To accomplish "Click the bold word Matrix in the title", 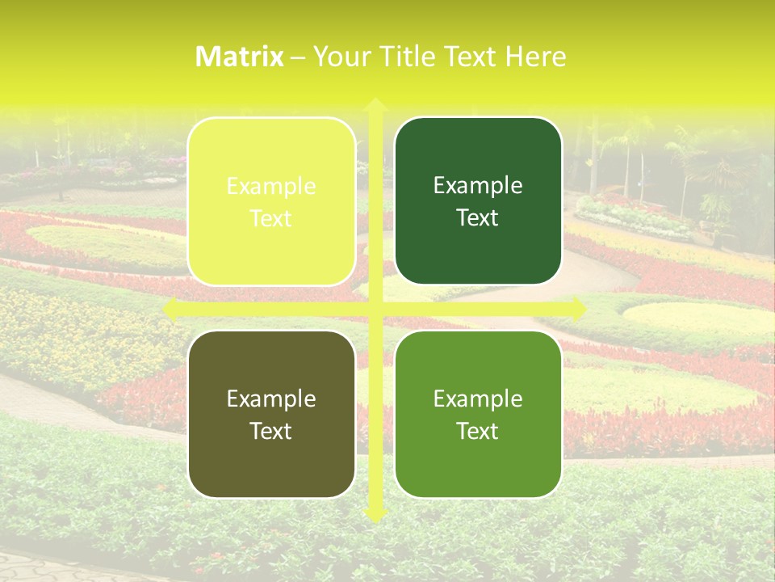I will click(240, 57).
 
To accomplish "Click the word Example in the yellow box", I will click(271, 187).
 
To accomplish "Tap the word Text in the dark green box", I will click(478, 218).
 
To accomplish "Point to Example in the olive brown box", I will click(271, 399).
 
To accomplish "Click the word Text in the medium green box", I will click(478, 431).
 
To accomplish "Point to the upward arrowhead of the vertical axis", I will click(375, 106).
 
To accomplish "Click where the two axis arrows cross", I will click(375, 309).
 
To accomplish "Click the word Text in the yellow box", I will click(271, 218).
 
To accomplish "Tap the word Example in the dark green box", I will click(478, 187).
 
